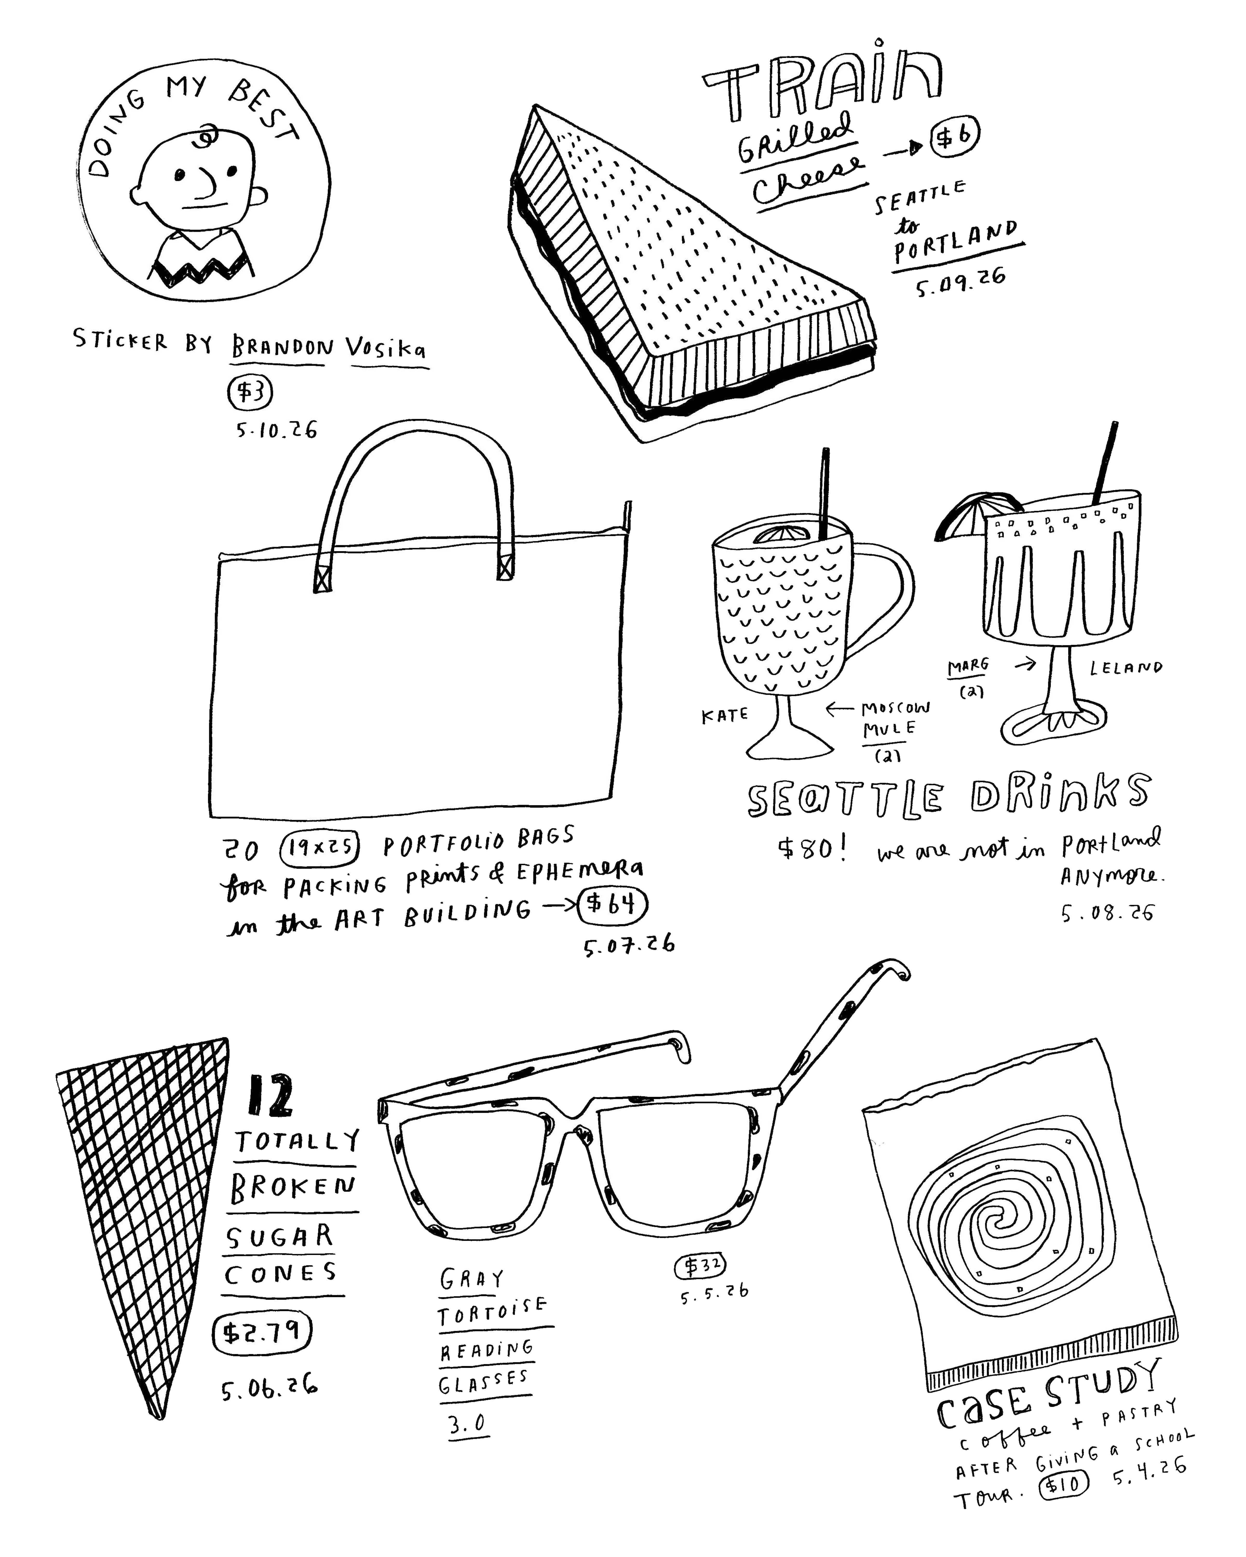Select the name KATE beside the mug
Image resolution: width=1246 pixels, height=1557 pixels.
coord(724,716)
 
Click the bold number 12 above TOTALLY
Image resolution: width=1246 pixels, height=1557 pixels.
coord(270,1096)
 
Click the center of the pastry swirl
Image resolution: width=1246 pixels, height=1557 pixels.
coord(1000,1220)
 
